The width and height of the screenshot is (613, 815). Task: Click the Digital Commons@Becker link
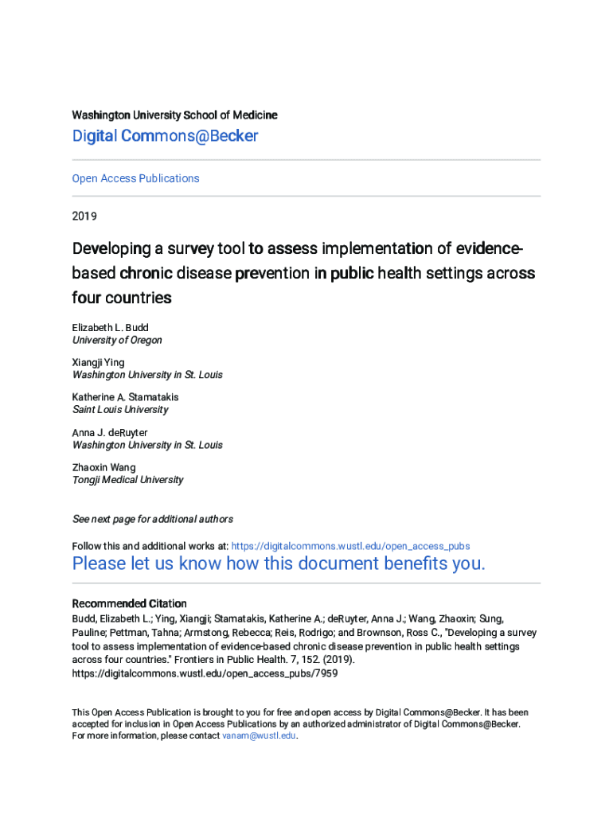tap(165, 136)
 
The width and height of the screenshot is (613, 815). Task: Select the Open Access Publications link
tap(135, 178)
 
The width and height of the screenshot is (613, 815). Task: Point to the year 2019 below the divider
tap(84, 216)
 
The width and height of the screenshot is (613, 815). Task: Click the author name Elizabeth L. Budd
tap(110, 327)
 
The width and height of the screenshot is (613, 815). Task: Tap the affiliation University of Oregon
tap(117, 340)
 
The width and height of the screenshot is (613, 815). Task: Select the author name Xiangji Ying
tap(98, 362)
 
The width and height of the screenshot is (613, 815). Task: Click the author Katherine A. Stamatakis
tap(125, 397)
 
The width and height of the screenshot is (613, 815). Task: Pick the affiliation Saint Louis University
tap(120, 410)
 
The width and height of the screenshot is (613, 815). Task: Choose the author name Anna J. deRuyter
tap(110, 432)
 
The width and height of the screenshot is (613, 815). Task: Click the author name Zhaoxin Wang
tap(103, 467)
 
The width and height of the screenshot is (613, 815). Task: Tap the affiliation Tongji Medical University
tap(127, 480)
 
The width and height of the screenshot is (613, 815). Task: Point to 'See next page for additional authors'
tap(152, 519)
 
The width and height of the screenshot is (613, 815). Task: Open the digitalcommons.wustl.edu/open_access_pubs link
tap(350, 546)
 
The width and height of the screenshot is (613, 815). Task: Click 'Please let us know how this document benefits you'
tap(279, 564)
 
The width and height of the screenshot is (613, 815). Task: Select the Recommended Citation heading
tap(129, 603)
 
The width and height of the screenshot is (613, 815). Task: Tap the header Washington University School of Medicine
tap(174, 115)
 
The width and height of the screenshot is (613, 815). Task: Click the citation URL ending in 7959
tap(205, 673)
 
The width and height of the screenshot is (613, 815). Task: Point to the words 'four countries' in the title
tap(122, 298)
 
